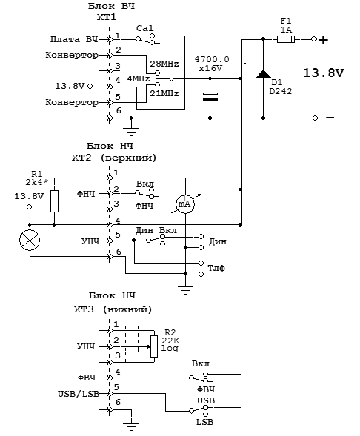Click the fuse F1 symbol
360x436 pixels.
tap(286, 39)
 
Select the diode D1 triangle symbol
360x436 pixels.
tap(263, 74)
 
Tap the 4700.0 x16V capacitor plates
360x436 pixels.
tap(210, 96)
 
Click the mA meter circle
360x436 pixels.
tap(185, 204)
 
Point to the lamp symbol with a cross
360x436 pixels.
tap(30, 240)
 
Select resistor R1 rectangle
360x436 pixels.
tap(54, 201)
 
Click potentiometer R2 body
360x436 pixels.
tap(154, 346)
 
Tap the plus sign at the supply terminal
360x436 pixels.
tap(323, 40)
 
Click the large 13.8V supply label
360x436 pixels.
tap(323, 73)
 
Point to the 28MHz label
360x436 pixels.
tap(164, 64)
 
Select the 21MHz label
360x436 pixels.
tap(164, 93)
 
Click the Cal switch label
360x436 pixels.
tap(144, 28)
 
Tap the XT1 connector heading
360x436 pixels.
tap(107, 17)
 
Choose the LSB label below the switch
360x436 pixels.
tap(204, 422)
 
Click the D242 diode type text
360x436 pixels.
tap(281, 91)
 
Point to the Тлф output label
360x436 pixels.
tap(216, 268)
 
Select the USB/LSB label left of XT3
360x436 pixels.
tap(79, 394)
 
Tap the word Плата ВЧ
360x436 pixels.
tap(74, 39)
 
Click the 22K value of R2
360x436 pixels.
tap(170, 341)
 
